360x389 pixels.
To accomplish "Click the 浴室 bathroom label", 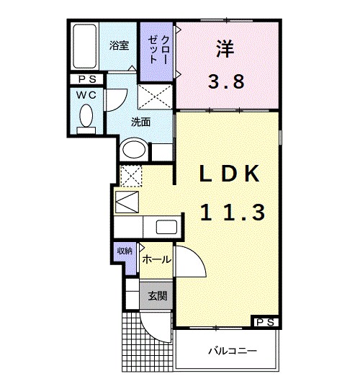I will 119,45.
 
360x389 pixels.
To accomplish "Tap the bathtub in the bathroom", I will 85,47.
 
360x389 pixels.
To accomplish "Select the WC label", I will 87,94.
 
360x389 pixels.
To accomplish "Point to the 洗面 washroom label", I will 140,122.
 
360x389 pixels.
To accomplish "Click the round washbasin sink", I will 133,151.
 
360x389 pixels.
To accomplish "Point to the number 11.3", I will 232,211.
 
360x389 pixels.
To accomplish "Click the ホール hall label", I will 156,259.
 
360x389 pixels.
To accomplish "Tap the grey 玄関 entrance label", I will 157,295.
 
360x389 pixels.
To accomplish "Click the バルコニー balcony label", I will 233,352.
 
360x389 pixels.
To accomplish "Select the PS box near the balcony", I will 264,322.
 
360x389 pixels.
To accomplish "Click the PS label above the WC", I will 87,79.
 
